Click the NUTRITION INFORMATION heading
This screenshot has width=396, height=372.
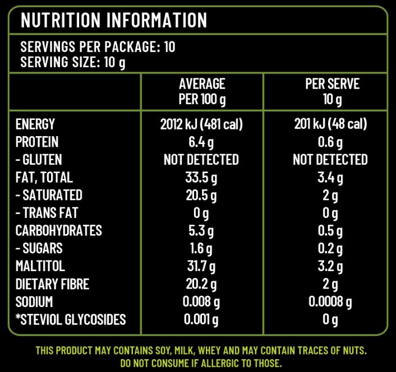point(114,20)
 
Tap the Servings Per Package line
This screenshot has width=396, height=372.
point(98,47)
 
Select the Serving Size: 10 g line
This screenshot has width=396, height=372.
point(73,62)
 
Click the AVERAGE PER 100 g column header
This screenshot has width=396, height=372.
point(201,92)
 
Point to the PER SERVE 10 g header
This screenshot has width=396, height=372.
point(332,92)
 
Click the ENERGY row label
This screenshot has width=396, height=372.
point(35,124)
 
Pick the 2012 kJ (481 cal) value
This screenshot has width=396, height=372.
point(201,124)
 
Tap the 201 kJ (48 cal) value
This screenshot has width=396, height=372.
point(330,124)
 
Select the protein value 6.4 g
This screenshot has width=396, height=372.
point(200,142)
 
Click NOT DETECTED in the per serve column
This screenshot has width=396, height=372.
point(330,160)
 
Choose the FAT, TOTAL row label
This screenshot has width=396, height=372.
point(44,178)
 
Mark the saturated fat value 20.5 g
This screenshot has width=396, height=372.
point(201,196)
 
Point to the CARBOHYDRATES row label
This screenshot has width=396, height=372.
point(59,231)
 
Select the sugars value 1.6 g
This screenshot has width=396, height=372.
point(201,248)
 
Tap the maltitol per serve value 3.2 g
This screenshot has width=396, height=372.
point(330,266)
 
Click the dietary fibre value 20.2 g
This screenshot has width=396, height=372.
point(201,284)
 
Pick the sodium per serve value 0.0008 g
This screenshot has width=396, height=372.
point(330,302)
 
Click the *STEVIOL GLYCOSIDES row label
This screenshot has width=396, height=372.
point(71,320)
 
